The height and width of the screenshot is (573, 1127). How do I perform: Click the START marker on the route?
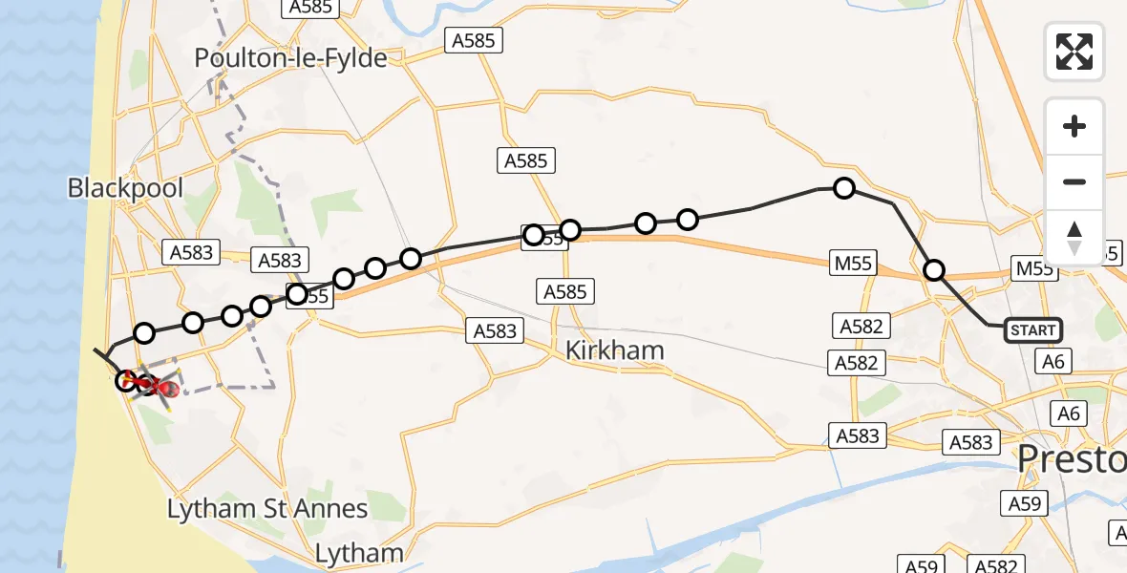click(1032, 330)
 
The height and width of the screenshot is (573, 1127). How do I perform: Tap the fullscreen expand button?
click(1074, 52)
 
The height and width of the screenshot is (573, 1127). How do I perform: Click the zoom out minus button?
click(1074, 181)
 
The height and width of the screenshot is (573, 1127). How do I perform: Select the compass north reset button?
click(1074, 238)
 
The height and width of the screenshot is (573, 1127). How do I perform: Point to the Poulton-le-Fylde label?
click(290, 58)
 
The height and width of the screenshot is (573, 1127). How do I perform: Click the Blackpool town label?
click(125, 187)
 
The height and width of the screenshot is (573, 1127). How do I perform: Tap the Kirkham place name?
click(614, 350)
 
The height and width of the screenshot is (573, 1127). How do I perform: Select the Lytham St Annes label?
click(267, 508)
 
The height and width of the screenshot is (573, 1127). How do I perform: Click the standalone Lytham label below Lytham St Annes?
click(359, 553)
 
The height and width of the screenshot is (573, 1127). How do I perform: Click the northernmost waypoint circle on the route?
click(844, 188)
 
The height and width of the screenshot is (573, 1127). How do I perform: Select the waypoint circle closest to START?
click(934, 271)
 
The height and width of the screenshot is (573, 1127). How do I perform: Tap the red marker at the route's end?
click(167, 389)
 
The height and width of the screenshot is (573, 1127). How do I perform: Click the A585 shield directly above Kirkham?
click(567, 291)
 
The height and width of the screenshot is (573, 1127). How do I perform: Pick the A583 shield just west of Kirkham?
click(495, 331)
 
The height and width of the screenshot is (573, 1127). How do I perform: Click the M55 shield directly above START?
click(1035, 269)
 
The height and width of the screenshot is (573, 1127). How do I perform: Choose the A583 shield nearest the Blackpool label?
click(191, 253)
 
